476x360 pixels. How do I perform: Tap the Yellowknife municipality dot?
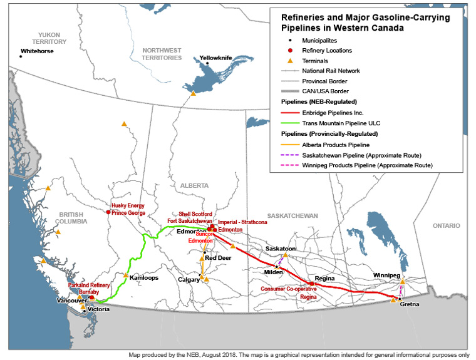[x=207, y=63]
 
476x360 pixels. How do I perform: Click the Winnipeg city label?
[x=386, y=275]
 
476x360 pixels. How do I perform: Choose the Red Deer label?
[x=219, y=258]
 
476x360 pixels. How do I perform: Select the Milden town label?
[x=273, y=272]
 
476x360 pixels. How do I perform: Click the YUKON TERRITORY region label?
[x=52, y=38]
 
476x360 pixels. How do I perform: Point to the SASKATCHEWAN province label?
[x=293, y=215]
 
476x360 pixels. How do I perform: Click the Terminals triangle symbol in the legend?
[x=290, y=61]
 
